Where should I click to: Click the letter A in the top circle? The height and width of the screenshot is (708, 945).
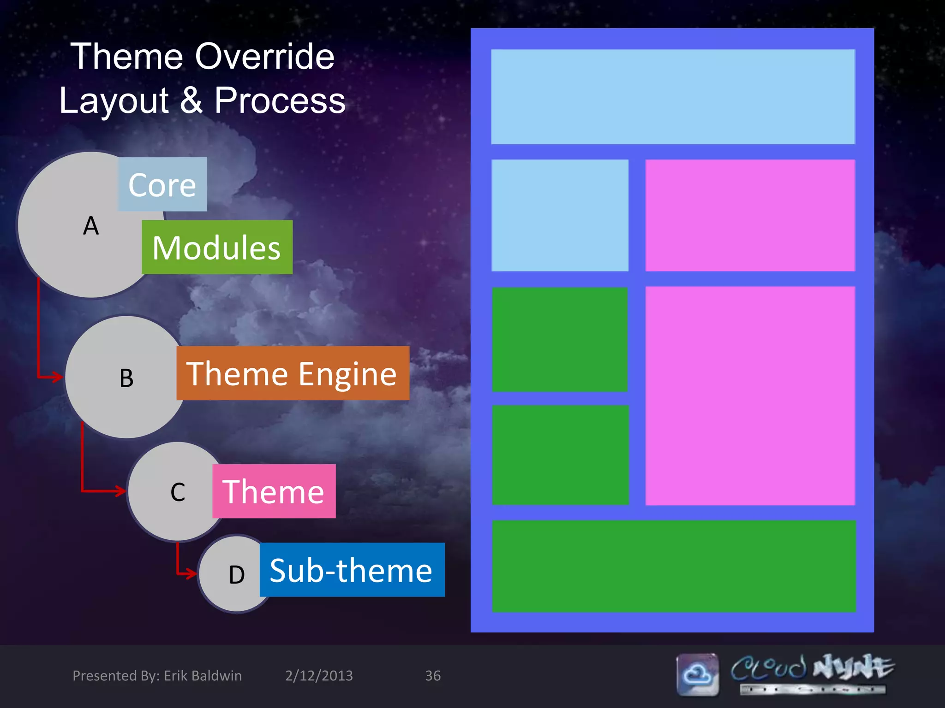click(91, 226)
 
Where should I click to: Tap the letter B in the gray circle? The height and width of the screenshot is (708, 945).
click(126, 378)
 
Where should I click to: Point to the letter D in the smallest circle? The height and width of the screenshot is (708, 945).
click(237, 575)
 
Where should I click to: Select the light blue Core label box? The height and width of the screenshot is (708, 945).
click(162, 184)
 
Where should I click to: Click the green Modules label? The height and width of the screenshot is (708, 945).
click(217, 248)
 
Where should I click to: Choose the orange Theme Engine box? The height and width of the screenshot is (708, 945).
click(293, 373)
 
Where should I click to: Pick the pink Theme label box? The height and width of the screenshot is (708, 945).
click(274, 491)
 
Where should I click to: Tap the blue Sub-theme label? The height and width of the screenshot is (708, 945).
click(352, 570)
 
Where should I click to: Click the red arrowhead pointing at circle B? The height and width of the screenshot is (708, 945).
click(58, 377)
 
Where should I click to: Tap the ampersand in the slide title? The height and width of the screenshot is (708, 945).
click(191, 100)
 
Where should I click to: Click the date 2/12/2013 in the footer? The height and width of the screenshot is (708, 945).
click(319, 676)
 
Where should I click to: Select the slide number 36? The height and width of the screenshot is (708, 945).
click(433, 676)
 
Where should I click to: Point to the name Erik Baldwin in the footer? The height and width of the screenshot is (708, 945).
click(203, 676)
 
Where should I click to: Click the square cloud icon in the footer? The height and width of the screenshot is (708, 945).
click(698, 674)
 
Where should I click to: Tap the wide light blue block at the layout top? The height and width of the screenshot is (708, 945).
click(673, 97)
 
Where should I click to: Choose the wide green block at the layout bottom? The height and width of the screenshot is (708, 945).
click(674, 566)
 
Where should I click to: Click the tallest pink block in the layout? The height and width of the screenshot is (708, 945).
click(750, 395)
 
